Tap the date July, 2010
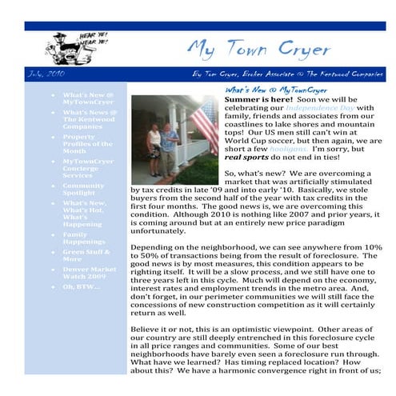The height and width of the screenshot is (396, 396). [x=45, y=74]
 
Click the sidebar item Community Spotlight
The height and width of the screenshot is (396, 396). [x=84, y=189]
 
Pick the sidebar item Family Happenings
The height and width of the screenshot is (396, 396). [x=84, y=238]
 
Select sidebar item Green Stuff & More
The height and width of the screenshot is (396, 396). [x=83, y=255]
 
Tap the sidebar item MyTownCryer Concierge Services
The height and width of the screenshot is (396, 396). [x=88, y=168]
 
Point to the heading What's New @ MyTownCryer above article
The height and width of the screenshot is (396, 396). [x=266, y=90]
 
